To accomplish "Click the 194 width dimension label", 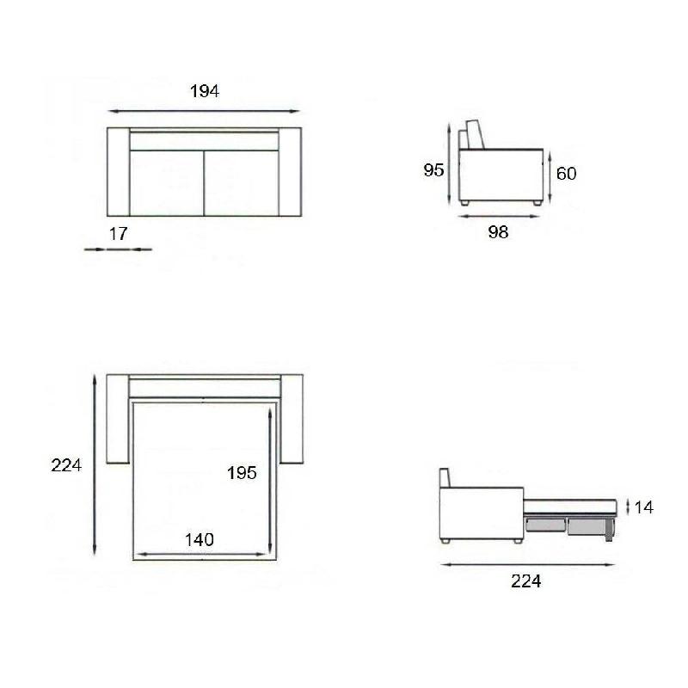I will (205, 91).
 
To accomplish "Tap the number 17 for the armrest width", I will (119, 232).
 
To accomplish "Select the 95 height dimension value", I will (433, 170).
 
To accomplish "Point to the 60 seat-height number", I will (566, 173).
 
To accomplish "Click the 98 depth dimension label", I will (497, 232).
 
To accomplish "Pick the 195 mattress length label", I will (242, 473).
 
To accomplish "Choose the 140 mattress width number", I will (199, 540).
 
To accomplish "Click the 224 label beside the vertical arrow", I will (66, 465).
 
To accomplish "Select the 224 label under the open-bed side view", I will (525, 581).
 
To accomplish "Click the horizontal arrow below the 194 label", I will (205, 111).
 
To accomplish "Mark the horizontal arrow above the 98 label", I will (499, 216).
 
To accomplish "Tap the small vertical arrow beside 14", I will (628, 507).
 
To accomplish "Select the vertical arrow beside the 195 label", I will (271, 482).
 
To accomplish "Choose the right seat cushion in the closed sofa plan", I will (241, 182).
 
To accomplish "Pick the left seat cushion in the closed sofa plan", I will (166, 182).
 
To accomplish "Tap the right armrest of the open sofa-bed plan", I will (292, 420).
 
